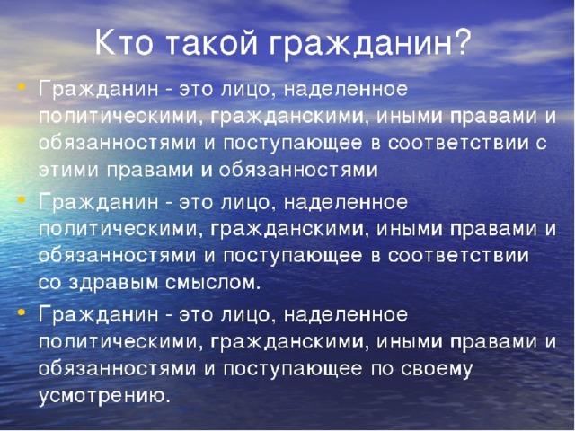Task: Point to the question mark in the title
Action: click(x=461, y=42)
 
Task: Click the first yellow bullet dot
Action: click(x=22, y=87)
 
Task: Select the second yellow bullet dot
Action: click(x=22, y=199)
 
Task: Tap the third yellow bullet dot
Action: click(x=22, y=312)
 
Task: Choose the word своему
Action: click(x=436, y=369)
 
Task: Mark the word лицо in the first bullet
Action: click(x=244, y=90)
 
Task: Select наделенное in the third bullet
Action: click(x=345, y=315)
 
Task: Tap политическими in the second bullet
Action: click(x=119, y=230)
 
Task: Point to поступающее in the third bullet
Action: click(x=293, y=369)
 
